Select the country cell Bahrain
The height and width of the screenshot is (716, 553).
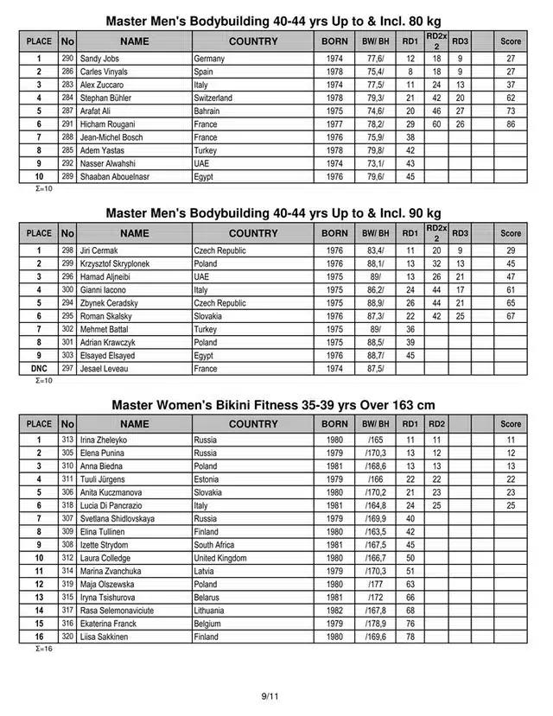(208, 111)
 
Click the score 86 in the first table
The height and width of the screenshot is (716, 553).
(511, 124)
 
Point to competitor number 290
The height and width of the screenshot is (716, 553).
(67, 59)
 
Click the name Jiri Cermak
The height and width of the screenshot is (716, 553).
(99, 250)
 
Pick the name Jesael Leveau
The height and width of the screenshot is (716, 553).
(103, 369)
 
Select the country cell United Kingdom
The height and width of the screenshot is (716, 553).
(221, 558)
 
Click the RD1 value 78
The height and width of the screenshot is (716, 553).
(410, 637)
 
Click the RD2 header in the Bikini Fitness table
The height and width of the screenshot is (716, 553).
(436, 424)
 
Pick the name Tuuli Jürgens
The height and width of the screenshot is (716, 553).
(102, 479)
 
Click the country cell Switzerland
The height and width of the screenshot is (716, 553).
(213, 98)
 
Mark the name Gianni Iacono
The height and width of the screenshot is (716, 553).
(103, 290)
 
